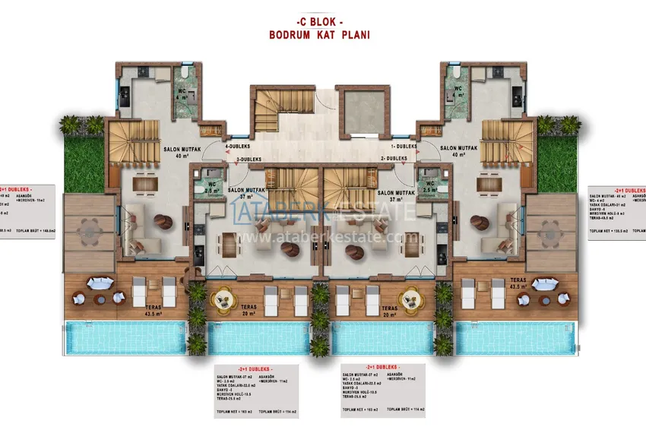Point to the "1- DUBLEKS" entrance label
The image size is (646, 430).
click(404, 145)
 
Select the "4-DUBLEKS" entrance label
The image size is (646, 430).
click(240, 145)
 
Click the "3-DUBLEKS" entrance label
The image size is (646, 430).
click(249, 159)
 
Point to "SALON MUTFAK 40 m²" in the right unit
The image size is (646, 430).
click(459, 150)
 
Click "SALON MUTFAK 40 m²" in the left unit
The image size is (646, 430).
click(181, 150)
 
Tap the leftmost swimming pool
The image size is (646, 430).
click(125, 337)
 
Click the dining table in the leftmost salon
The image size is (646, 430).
click(144, 183)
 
